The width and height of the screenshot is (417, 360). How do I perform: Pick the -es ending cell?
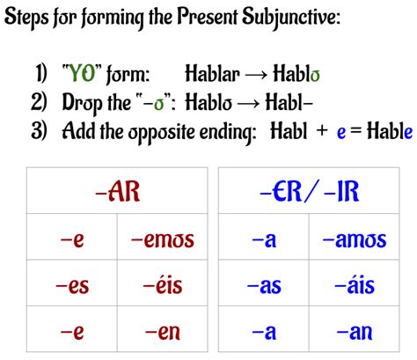coord(72,285)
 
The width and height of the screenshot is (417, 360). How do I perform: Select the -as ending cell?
coord(264,285)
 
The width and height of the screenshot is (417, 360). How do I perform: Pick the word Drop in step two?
coord(81,104)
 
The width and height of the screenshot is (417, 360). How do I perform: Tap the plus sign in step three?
coord(323,132)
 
